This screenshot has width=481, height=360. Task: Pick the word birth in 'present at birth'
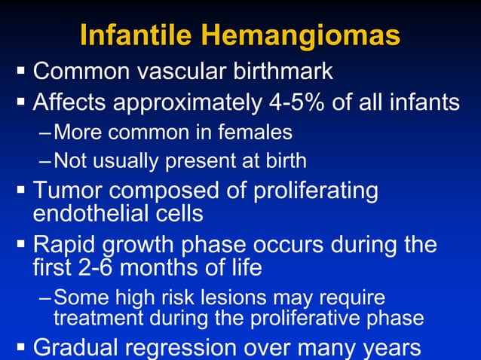coord(281,160)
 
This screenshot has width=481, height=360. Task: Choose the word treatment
coord(97,318)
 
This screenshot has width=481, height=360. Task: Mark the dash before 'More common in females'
coord(46,133)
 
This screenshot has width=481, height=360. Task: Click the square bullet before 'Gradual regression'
coord(20,347)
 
